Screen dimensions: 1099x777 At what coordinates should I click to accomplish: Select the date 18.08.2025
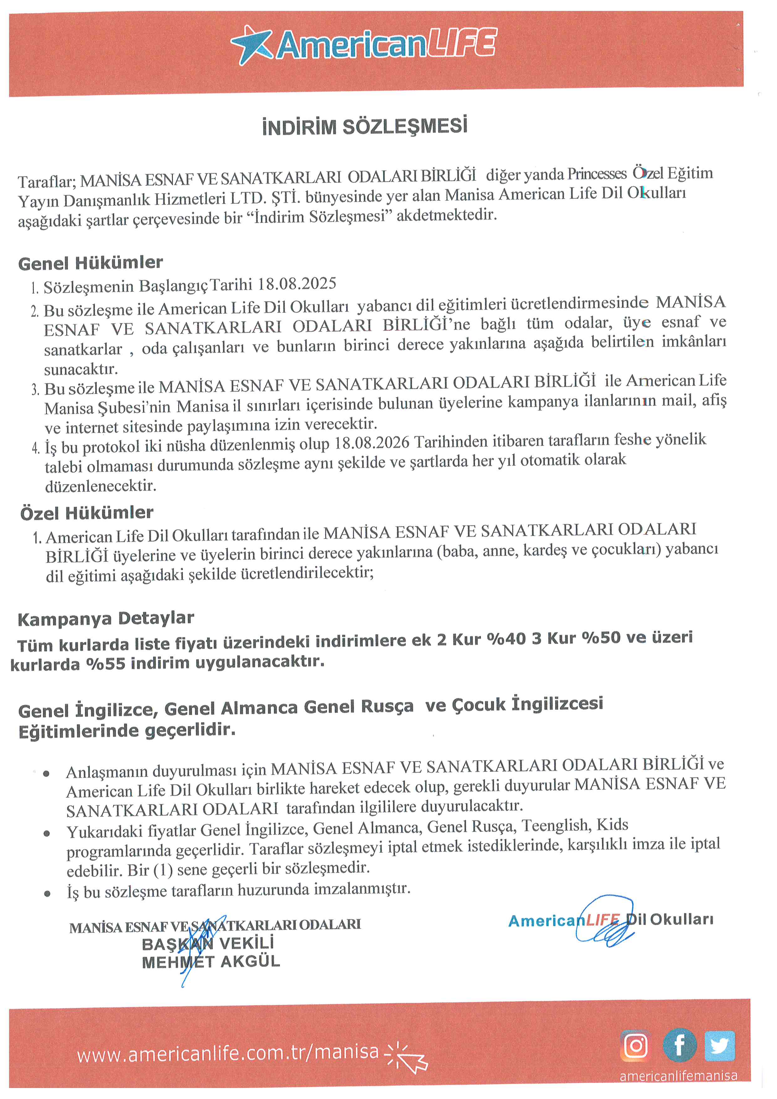click(x=297, y=284)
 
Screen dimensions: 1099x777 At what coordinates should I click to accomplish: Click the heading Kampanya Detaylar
click(x=106, y=618)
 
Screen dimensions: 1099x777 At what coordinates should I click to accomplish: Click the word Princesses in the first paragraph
click(x=597, y=174)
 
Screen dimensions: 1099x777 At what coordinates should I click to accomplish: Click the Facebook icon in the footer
click(x=679, y=1045)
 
